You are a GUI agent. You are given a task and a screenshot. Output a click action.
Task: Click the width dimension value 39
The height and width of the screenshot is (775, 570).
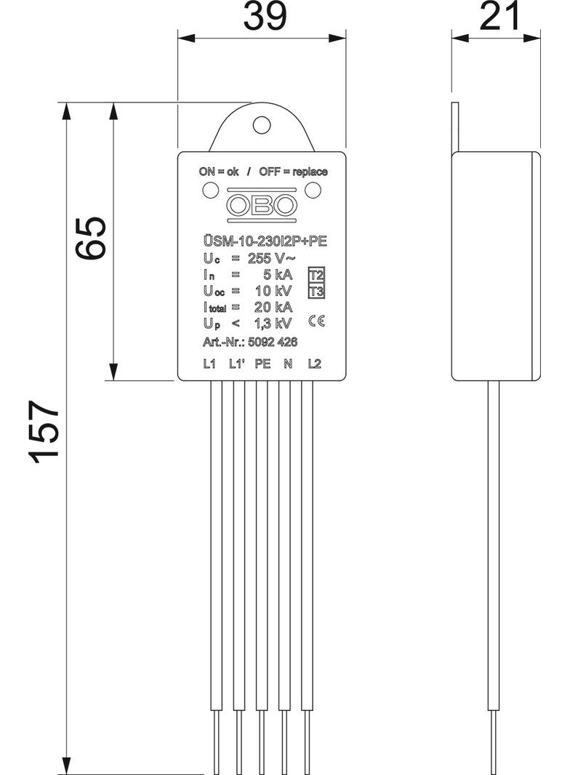[263, 17]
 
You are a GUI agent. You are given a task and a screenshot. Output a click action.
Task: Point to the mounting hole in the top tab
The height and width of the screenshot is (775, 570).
[262, 125]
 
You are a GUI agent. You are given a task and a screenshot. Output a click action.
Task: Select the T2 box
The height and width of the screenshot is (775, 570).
[316, 276]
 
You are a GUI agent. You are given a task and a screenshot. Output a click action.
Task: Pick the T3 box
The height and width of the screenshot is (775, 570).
[316, 292]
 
